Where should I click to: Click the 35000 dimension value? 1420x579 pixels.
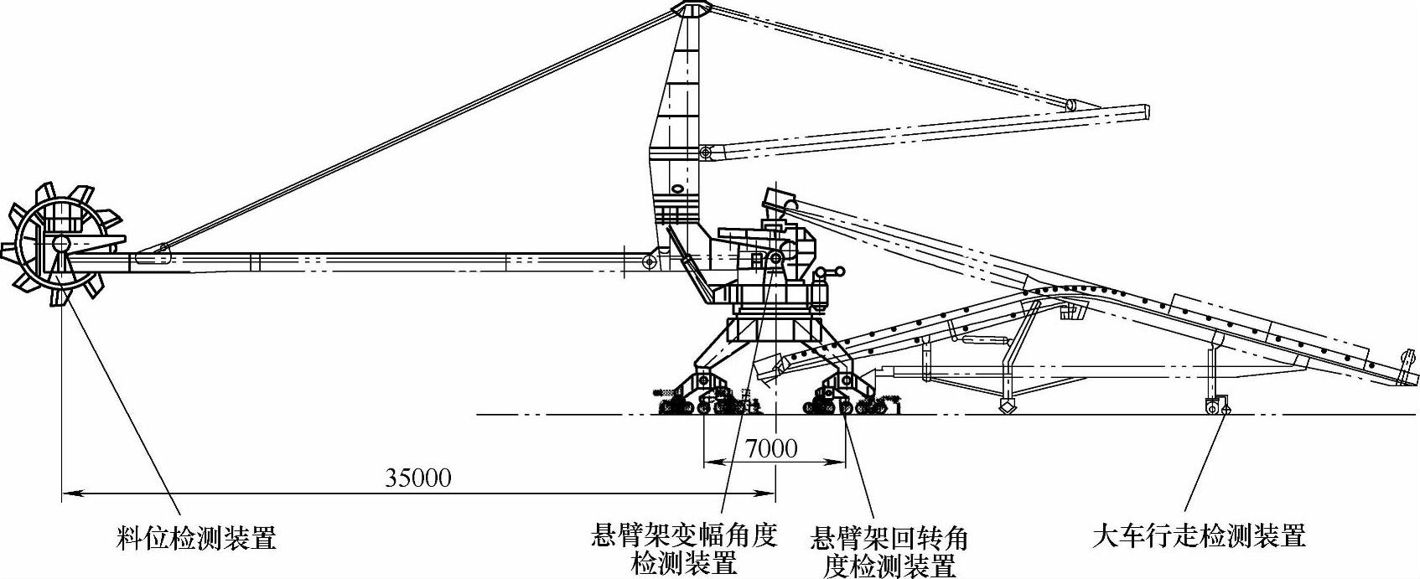click(x=417, y=478)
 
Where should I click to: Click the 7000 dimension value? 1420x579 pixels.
click(x=771, y=449)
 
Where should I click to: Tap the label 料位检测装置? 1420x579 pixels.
click(x=195, y=537)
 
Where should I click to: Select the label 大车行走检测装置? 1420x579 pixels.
click(x=1199, y=535)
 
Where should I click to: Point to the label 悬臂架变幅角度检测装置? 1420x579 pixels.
click(x=684, y=548)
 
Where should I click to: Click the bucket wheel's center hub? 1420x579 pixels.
click(x=60, y=244)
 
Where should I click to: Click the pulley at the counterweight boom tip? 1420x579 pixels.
click(x=1071, y=105)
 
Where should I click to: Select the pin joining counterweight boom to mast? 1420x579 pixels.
click(x=706, y=153)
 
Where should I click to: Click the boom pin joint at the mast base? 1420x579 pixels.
click(x=648, y=262)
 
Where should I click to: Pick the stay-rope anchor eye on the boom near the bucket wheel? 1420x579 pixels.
click(x=163, y=248)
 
